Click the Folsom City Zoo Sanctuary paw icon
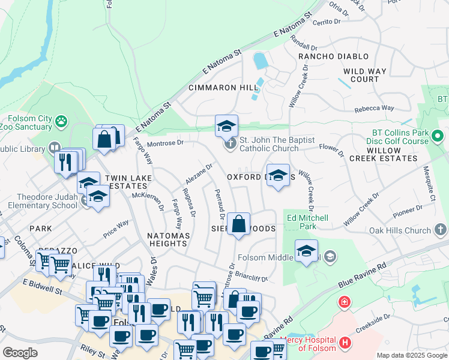(x=61, y=122)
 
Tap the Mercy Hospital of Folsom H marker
(x=345, y=343)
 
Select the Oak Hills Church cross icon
(x=441, y=230)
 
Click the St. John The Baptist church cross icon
(x=230, y=144)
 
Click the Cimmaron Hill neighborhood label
(x=223, y=88)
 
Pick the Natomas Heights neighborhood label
(x=168, y=239)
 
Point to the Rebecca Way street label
(x=373, y=109)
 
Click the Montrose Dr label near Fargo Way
(x=165, y=143)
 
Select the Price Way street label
(x=116, y=228)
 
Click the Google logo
(x=20, y=353)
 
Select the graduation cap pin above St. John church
(x=226, y=127)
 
